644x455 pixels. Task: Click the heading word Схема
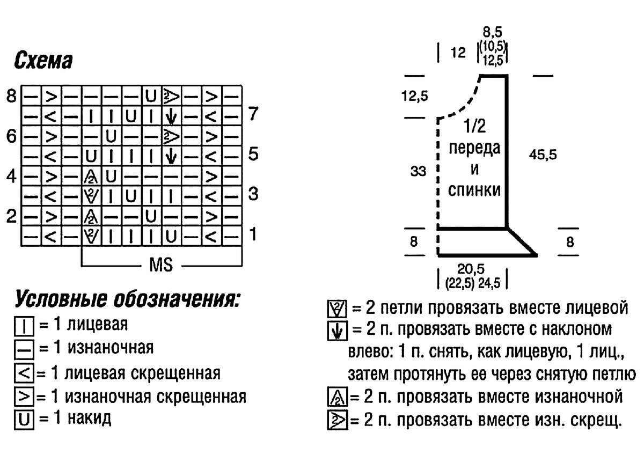tap(43, 61)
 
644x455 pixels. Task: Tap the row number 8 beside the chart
tap(11, 96)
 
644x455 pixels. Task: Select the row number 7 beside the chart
tap(253, 114)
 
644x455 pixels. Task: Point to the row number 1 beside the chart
tap(253, 234)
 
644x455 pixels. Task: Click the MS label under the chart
tap(161, 265)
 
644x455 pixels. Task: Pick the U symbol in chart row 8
tap(151, 96)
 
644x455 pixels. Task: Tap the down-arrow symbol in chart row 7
tap(171, 116)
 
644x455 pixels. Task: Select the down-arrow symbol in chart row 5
tap(171, 157)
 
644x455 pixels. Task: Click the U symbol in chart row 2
tap(151, 217)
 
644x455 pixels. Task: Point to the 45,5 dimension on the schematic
tap(543, 155)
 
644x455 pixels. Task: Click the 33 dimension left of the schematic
tap(418, 171)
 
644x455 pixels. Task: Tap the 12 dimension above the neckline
tap(458, 53)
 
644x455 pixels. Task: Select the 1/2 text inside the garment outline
tap(474, 126)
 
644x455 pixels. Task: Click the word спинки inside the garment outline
tap(474, 190)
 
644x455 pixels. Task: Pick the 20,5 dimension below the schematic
tap(471, 269)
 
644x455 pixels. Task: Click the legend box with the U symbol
tap(24, 420)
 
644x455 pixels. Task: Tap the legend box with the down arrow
tap(337, 331)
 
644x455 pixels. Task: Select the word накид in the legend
tap(89, 418)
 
